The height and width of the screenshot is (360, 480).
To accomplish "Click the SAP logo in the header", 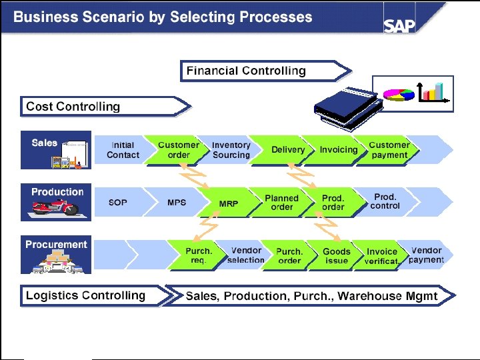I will click(x=399, y=25).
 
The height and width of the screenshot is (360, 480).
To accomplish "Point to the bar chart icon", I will click(x=431, y=92).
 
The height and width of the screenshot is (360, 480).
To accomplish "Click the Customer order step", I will click(x=178, y=150).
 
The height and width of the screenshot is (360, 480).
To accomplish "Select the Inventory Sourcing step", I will click(x=231, y=150).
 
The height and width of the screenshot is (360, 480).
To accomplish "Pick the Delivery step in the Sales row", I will click(x=288, y=150).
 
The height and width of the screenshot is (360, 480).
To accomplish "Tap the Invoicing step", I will click(x=339, y=150).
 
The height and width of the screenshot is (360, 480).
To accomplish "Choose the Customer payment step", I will click(x=389, y=149).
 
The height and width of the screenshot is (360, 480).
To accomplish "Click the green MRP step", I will click(x=228, y=203).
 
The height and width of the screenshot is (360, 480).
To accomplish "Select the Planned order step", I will click(x=281, y=203).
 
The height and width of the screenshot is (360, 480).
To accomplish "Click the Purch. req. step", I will click(x=199, y=256).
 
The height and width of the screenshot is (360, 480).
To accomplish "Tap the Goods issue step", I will click(x=336, y=256).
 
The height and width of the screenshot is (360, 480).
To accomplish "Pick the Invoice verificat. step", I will click(x=382, y=256).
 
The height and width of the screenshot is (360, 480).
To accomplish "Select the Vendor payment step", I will click(x=427, y=255).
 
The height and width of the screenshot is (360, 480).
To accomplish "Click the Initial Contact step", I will click(x=123, y=150).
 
